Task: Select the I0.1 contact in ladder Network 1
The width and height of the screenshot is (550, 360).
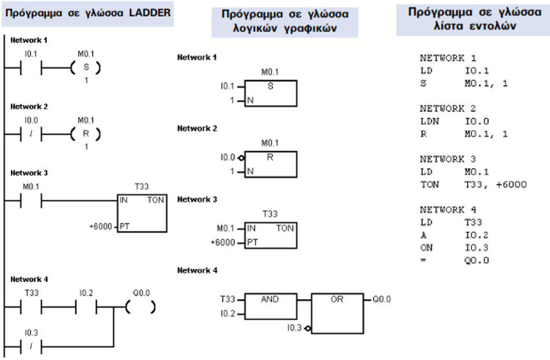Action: [31, 68]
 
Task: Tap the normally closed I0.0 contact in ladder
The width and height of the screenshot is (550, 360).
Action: [31, 134]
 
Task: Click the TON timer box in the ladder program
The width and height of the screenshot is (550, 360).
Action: [142, 212]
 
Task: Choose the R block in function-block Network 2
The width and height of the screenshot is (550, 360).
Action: [270, 164]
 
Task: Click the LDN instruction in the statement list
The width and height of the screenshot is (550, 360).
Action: [429, 122]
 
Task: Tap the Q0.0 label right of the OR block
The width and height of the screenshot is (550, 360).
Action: [382, 299]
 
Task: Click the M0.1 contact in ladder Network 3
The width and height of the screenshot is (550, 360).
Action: [31, 200]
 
